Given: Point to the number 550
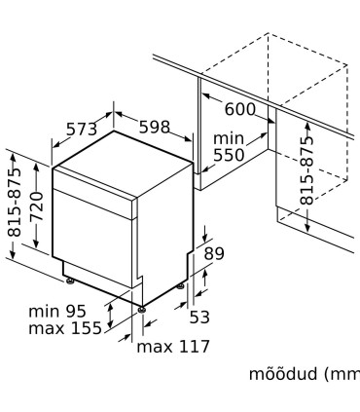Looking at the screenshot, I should coord(231,155).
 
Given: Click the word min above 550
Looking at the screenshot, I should coord(230,139).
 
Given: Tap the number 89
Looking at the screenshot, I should coord(213,254).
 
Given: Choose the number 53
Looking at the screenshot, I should coord(199,316).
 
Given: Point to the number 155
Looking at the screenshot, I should coord(86,328).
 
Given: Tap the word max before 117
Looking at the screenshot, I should coord(153,346).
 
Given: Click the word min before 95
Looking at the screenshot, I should coord(45,312).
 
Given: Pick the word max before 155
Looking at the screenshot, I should coord(47,328).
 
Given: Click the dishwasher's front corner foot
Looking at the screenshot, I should coord(144,308).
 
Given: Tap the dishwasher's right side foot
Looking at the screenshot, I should coord(184,285).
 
